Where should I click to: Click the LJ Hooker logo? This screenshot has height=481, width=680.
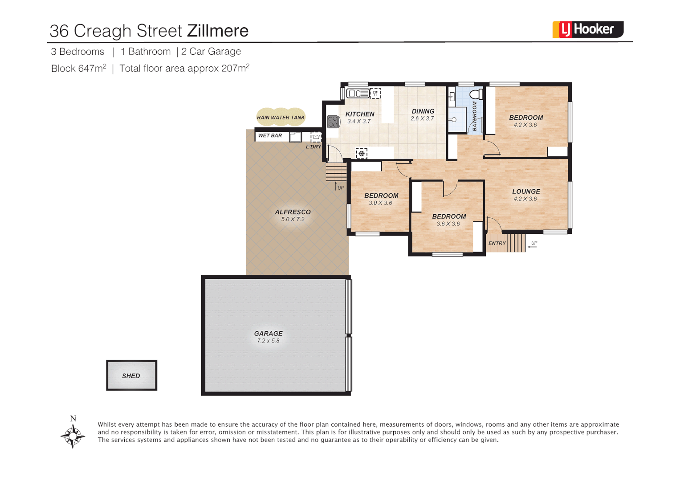[587, 29]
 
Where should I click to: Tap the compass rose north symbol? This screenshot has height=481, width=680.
[73, 434]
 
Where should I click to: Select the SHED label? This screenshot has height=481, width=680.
[131, 376]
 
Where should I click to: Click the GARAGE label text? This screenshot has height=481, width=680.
[268, 334]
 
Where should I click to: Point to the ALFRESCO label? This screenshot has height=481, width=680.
[293, 212]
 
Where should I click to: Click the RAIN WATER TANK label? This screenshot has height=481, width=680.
[281, 118]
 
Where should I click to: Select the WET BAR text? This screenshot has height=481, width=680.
[270, 136]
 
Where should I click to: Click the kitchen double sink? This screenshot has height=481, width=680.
[358, 94]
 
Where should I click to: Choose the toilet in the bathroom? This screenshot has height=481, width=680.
[476, 94]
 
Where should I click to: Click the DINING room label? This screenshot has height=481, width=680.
[423, 111]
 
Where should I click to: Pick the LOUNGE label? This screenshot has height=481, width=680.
[526, 192]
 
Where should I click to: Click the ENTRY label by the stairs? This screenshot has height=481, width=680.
[497, 244]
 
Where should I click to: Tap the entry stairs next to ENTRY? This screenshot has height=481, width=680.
[516, 243]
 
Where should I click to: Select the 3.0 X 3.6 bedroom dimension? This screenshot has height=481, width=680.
[380, 203]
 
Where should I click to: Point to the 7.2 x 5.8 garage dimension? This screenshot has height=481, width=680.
[268, 341]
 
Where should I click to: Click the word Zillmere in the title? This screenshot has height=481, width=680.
[217, 31]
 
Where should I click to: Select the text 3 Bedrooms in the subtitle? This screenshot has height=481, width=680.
[77, 52]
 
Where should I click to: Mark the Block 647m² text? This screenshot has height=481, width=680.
[78, 69]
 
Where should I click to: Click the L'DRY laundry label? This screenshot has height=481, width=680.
[313, 147]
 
